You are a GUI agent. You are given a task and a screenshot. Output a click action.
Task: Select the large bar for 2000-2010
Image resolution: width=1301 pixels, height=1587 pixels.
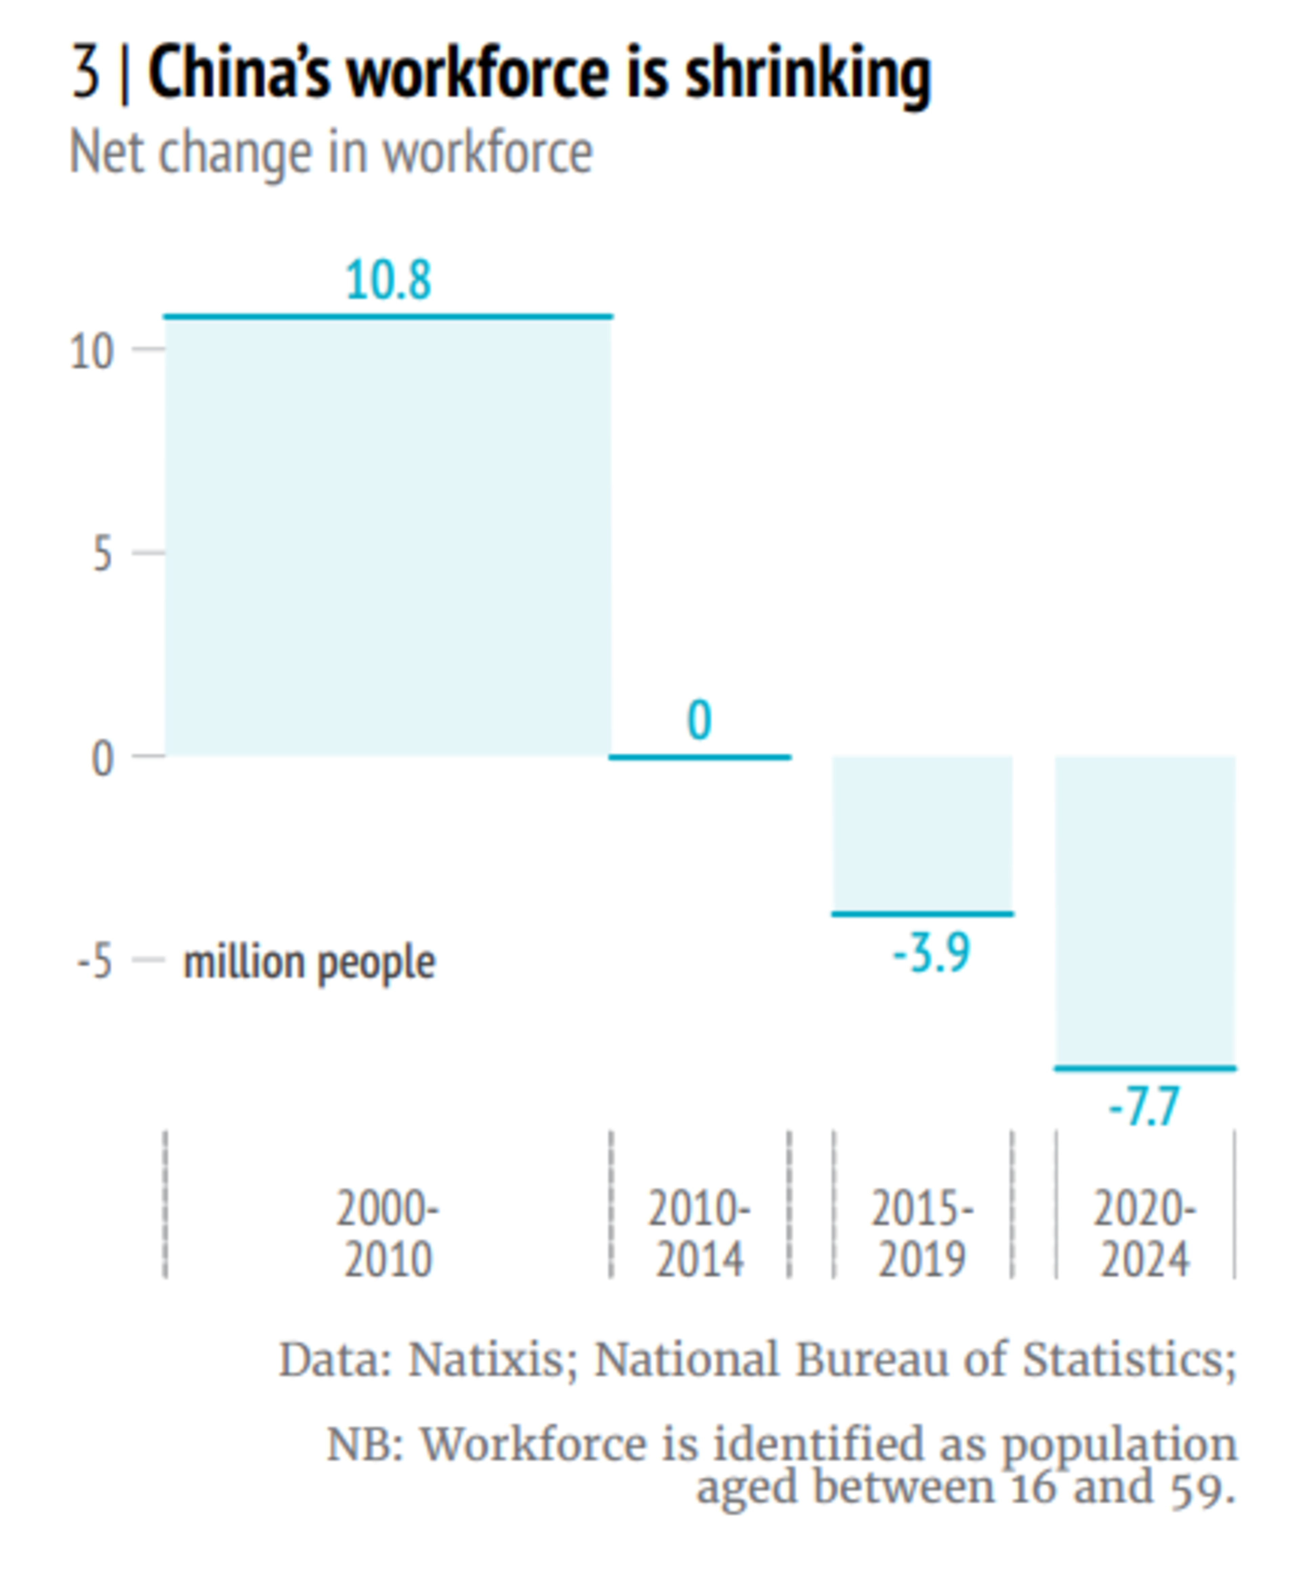[388, 535]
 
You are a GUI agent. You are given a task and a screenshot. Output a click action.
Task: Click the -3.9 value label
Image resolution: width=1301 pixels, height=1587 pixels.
[931, 952]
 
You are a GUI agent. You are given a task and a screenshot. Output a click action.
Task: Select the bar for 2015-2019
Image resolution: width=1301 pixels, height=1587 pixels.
[923, 836]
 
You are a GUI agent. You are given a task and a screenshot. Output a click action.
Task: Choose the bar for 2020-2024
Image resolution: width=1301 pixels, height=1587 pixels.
[1145, 913]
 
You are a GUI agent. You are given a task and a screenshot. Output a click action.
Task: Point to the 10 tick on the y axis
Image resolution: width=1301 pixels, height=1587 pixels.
[91, 351]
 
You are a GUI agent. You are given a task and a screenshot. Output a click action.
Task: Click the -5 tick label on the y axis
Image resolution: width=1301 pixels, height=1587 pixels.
[95, 961]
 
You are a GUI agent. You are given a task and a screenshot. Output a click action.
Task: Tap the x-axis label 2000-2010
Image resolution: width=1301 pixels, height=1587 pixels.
[388, 1233]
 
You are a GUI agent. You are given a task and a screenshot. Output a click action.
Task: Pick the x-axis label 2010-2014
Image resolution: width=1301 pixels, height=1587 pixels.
[699, 1233]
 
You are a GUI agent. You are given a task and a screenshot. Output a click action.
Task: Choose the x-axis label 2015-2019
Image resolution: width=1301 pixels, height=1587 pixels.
[923, 1233]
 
